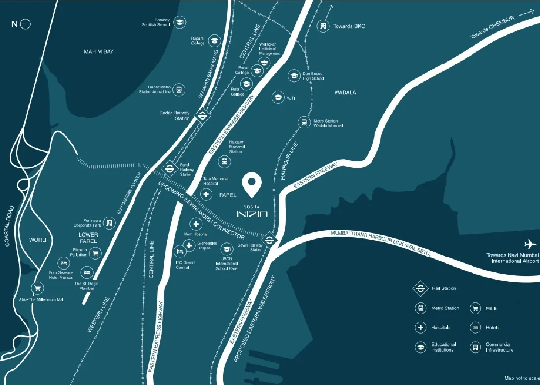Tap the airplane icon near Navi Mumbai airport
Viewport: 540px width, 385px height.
tap(531, 244)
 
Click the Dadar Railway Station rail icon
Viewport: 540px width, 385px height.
tap(202, 116)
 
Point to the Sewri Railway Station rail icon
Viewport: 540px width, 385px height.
tap(270, 240)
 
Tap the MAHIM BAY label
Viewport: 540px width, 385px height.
tap(99, 52)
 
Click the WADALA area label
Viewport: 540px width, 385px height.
tap(345, 93)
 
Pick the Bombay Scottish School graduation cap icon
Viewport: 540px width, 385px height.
tap(179, 22)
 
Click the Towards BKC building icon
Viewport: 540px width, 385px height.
tap(323, 26)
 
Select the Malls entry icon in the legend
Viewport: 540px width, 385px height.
tap(475, 308)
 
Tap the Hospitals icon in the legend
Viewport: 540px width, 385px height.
tap(420, 327)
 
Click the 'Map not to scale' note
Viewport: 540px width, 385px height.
tap(521, 378)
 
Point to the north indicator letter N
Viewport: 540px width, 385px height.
tap(15, 24)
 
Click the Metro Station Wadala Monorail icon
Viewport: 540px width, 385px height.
tap(303, 122)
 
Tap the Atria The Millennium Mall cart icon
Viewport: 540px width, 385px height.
tap(37, 288)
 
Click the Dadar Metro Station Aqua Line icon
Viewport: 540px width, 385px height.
tap(179, 90)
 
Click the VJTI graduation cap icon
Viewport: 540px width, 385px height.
tap(277, 97)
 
